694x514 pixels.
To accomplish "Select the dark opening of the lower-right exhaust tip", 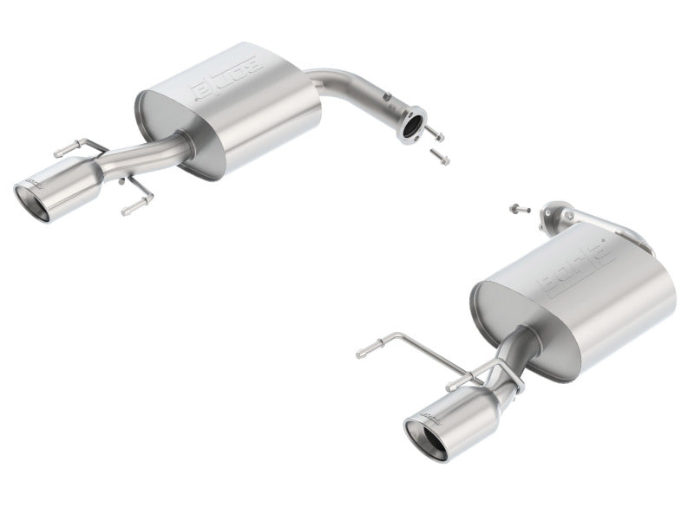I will coord(424,440).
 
